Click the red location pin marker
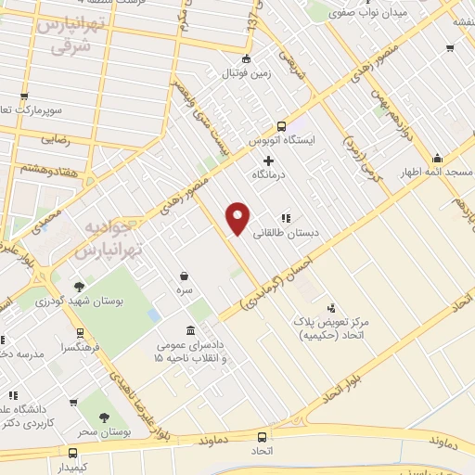click(x=238, y=217)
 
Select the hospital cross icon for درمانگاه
click(x=269, y=160)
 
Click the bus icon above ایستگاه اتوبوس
click(x=282, y=127)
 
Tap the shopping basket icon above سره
click(x=184, y=276)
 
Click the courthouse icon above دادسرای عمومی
click(x=190, y=331)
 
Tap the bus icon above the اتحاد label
click(x=263, y=436)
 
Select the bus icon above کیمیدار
click(x=74, y=453)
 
